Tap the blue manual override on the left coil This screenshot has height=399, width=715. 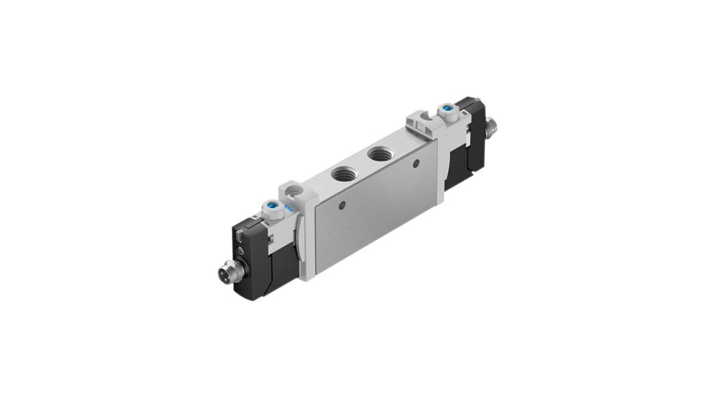271,207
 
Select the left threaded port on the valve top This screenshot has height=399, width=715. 345,172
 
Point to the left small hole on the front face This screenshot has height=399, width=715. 341,206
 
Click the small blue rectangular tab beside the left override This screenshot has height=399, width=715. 288,208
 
